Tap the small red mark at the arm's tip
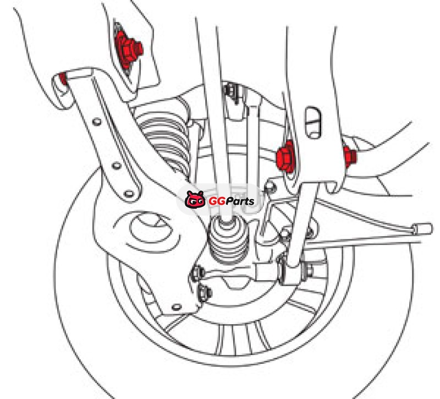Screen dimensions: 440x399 tap(63, 78)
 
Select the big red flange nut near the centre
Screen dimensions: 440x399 tap(285, 156)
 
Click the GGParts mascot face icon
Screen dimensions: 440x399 tap(195, 199)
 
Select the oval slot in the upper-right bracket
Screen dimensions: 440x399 tap(312, 122)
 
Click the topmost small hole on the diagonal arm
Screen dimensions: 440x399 tap(97, 122)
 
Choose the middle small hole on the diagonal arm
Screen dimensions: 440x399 tap(116, 166)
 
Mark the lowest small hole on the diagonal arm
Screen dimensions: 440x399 tap(129, 194)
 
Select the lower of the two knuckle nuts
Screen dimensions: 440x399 tap(205, 293)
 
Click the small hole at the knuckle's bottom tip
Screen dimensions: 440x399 tap(176, 307)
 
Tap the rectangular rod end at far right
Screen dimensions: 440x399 tap(422, 228)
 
